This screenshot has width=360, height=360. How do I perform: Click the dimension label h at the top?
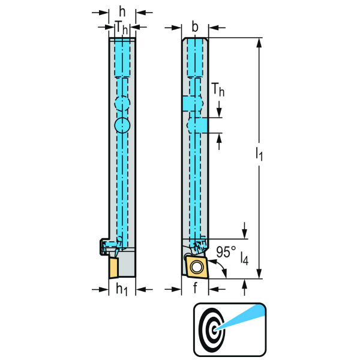tap(122, 11)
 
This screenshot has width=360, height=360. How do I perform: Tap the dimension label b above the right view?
tap(194, 27)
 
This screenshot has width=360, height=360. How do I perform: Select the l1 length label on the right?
tap(259, 154)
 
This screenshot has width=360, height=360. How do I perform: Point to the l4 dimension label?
tap(245, 259)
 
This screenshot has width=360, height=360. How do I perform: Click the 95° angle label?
tap(226, 252)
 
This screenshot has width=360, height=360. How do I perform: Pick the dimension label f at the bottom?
tap(195, 287)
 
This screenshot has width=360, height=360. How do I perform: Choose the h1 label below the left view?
tap(122, 289)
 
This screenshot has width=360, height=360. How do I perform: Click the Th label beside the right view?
tap(218, 90)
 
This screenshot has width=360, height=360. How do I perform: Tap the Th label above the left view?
tap(122, 28)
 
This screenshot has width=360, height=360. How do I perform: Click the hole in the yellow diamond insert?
tap(197, 268)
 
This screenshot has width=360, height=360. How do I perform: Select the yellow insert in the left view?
tap(114, 268)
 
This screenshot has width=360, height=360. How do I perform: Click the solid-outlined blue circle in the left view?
tap(122, 125)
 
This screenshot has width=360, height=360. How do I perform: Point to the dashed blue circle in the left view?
tap(122, 103)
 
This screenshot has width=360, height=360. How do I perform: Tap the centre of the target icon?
tap(215, 330)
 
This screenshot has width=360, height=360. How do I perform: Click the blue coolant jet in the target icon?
tap(241, 318)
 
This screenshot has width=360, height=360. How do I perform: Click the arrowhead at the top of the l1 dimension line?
tap(259, 43)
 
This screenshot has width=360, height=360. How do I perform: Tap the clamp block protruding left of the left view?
tap(104, 247)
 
